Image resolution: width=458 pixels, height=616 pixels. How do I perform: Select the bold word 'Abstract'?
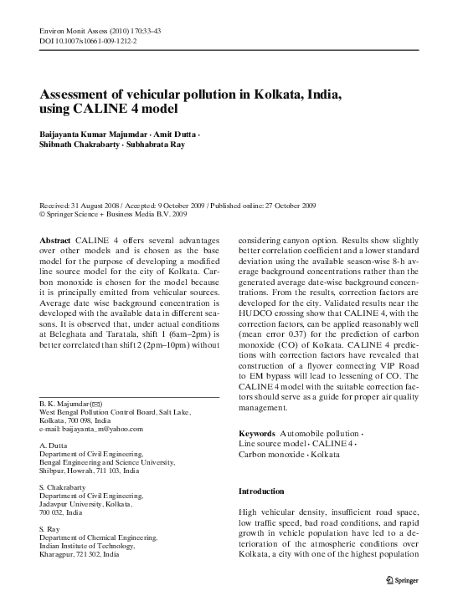55,238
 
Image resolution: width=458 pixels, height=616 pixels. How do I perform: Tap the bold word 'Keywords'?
257,435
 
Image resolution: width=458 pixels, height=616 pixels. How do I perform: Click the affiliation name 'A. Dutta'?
55,446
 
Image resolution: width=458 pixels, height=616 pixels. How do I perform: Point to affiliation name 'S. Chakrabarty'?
66,487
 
